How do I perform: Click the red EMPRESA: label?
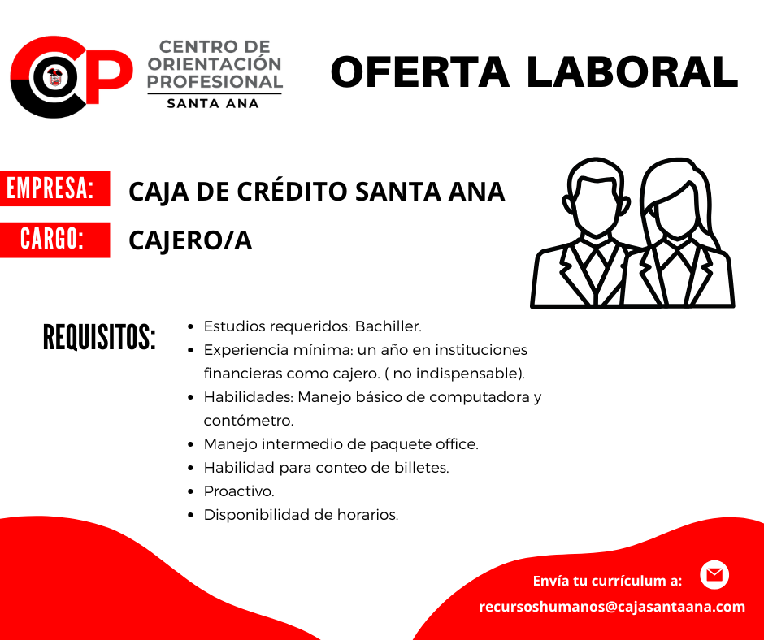(x=55, y=188)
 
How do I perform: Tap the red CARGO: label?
(x=55, y=240)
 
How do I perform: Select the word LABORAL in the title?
(x=632, y=72)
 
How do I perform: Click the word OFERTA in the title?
(x=420, y=72)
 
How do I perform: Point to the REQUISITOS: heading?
(x=99, y=337)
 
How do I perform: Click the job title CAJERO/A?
(x=190, y=241)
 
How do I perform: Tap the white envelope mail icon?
(x=714, y=575)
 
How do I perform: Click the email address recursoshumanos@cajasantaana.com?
(x=612, y=607)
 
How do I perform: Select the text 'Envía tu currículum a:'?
(x=607, y=581)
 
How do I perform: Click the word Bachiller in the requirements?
(x=388, y=326)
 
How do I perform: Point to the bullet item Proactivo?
(x=239, y=491)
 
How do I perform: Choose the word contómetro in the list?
(x=249, y=421)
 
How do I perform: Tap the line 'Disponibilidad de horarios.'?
(x=301, y=515)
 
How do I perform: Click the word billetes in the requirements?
(x=422, y=468)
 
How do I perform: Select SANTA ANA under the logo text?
(x=213, y=103)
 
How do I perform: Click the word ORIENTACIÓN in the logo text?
(x=215, y=64)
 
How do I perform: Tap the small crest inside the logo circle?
(x=55, y=76)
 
